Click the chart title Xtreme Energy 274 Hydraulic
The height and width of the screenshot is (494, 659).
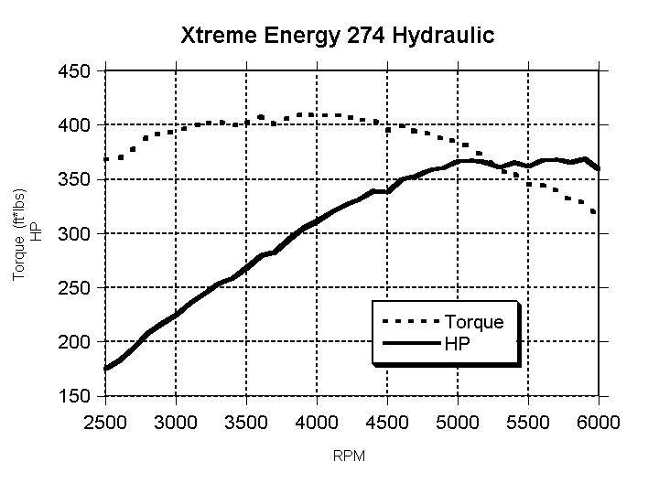(x=337, y=36)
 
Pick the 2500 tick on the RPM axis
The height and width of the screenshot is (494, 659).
(x=105, y=422)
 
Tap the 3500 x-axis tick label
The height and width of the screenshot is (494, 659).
(x=246, y=422)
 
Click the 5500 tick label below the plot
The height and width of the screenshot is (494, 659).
(x=528, y=422)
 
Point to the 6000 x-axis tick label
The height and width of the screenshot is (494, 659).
(x=598, y=422)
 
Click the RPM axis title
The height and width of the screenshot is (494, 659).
(x=350, y=456)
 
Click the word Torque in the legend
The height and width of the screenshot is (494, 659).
(x=473, y=322)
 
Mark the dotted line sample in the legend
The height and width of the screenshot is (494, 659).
(x=409, y=322)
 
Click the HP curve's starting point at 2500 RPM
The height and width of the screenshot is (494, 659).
(x=106, y=369)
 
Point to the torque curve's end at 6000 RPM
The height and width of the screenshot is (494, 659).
(x=597, y=213)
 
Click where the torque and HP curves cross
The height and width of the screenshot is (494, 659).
(x=493, y=165)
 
